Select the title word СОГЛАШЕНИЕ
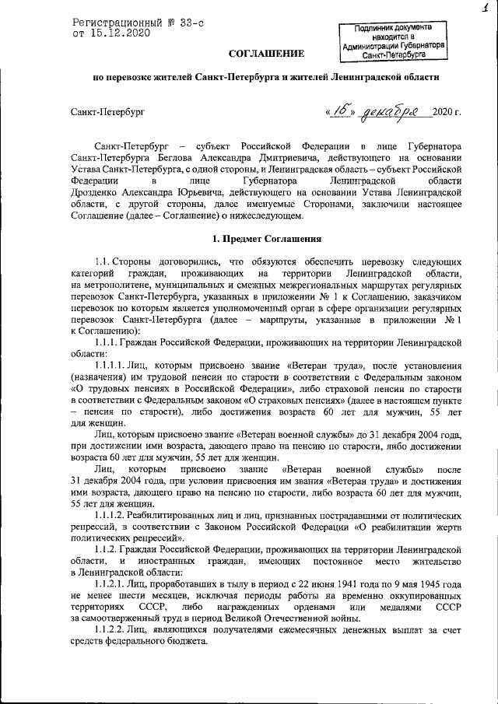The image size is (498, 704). click(266, 53)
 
